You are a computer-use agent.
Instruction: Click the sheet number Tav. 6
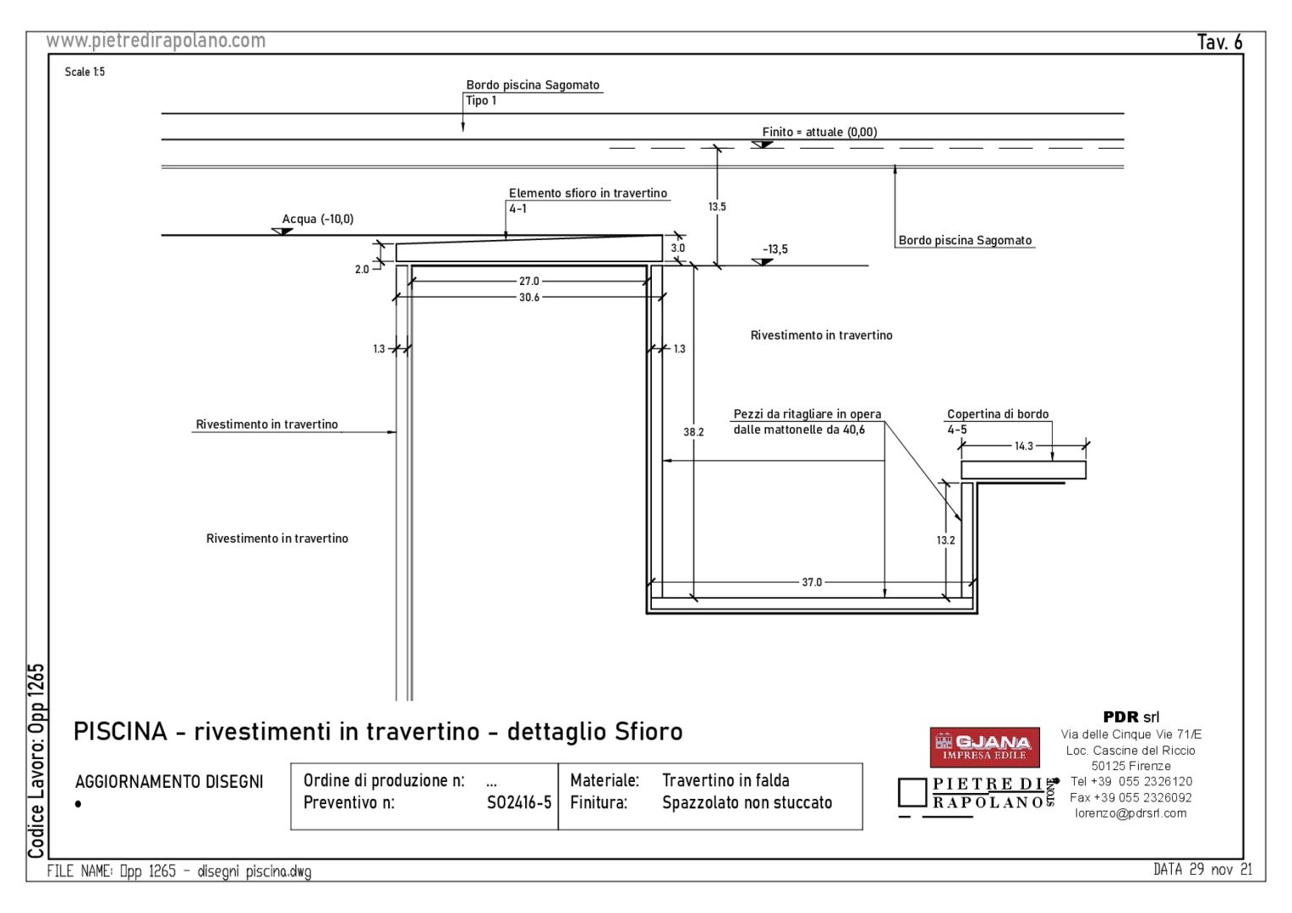click(x=1220, y=42)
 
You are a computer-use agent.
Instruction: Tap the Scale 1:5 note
click(x=85, y=72)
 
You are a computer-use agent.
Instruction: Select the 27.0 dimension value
click(x=529, y=282)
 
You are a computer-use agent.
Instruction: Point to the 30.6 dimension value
click(x=529, y=298)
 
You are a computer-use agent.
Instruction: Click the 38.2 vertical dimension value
click(x=693, y=432)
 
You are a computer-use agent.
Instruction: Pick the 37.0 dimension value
click(x=812, y=582)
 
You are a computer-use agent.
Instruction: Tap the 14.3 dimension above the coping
click(x=1024, y=446)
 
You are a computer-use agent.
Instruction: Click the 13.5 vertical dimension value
click(x=717, y=206)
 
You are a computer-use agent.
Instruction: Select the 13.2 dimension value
click(x=945, y=540)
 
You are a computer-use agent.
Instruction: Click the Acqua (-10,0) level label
click(x=318, y=219)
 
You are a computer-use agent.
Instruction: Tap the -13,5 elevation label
click(x=775, y=249)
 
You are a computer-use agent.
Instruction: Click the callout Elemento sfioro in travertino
click(x=588, y=194)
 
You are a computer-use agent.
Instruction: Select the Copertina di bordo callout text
click(x=998, y=414)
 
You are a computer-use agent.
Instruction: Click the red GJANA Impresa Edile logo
click(x=984, y=747)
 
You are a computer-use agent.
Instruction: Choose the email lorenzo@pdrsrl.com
click(x=1130, y=813)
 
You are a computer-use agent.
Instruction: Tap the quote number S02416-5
click(x=519, y=803)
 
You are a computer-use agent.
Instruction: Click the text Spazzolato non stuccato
click(x=747, y=803)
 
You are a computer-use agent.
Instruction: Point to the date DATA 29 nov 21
click(x=1202, y=870)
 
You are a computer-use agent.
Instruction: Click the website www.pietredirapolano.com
click(x=156, y=41)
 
